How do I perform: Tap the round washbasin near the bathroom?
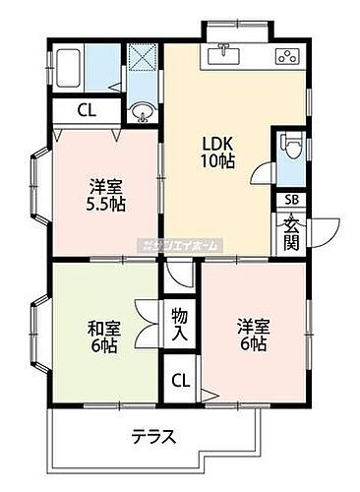point(144,111)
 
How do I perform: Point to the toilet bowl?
point(288,148)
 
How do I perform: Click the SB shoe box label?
point(290,201)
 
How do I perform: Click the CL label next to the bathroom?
point(87,111)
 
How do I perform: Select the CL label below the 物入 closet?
point(180,381)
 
